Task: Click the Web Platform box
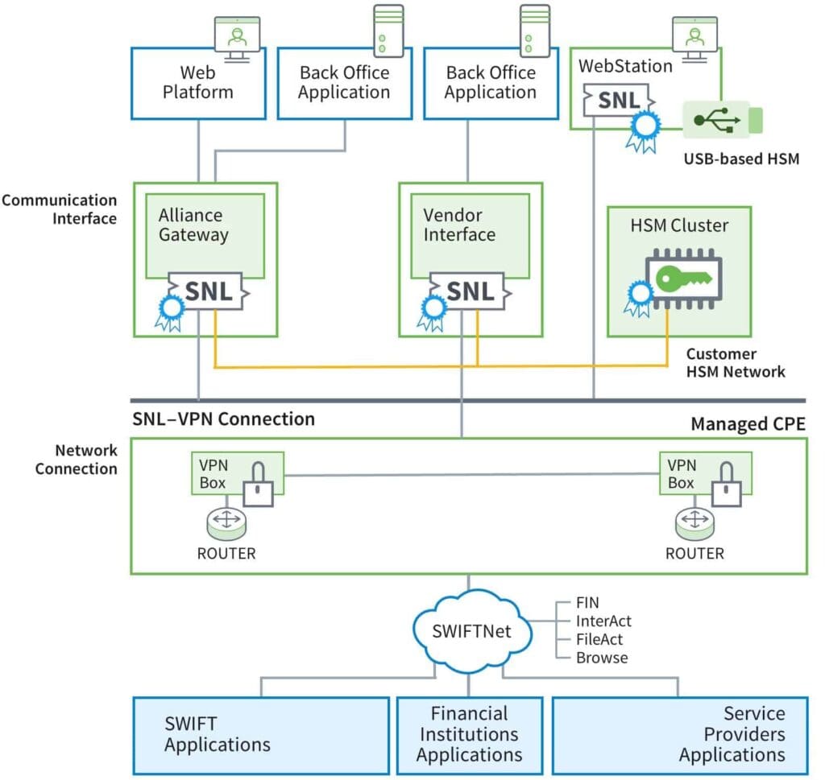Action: (198, 83)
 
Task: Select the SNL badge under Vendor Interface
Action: (470, 292)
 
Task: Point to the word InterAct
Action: (603, 621)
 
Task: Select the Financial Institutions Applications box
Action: (469, 734)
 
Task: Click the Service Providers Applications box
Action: (679, 734)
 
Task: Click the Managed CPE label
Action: (748, 424)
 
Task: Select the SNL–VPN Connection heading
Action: (223, 419)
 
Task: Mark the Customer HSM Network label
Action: (736, 363)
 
